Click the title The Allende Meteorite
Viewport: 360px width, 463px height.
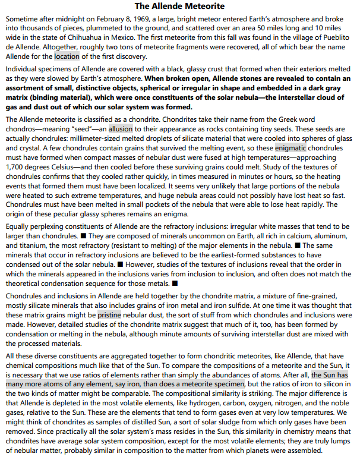coord(179,7)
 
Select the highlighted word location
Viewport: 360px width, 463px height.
coord(67,56)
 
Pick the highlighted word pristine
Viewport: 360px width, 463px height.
coord(109,314)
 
